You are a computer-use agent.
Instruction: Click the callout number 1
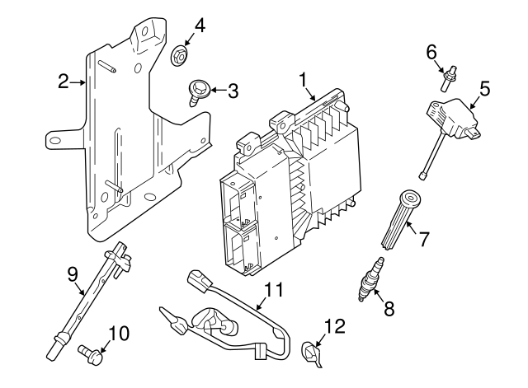pyautogui.click(x=303, y=79)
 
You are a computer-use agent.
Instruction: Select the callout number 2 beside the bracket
pyautogui.click(x=63, y=81)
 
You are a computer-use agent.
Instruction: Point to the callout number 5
pyautogui.click(x=485, y=86)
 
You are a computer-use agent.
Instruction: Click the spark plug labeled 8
pyautogui.click(x=369, y=280)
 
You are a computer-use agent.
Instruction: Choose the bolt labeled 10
pyautogui.click(x=89, y=353)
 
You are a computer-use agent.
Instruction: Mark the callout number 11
pyautogui.click(x=274, y=289)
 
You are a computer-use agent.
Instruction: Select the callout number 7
pyautogui.click(x=424, y=240)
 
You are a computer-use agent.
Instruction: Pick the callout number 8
pyautogui.click(x=389, y=310)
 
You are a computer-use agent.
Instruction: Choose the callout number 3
pyautogui.click(x=233, y=91)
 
